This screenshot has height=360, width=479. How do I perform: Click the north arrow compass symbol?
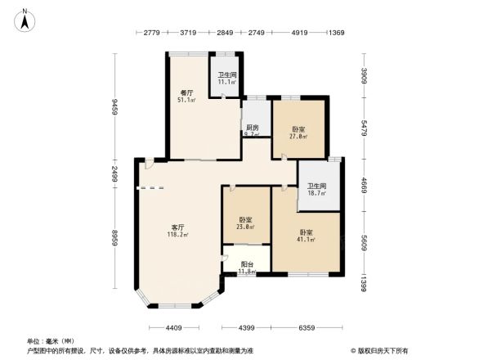(x=26, y=19)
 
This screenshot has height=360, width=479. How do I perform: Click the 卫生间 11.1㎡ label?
(x=226, y=79)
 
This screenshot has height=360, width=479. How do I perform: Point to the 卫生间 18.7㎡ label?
(x=316, y=190)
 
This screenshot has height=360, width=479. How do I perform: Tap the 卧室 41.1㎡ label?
(x=305, y=236)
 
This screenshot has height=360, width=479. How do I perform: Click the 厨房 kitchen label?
(x=253, y=131)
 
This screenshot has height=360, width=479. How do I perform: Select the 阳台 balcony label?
(x=246, y=268)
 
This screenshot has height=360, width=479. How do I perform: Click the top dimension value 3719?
(x=189, y=33)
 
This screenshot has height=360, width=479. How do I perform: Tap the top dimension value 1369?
(x=335, y=33)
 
